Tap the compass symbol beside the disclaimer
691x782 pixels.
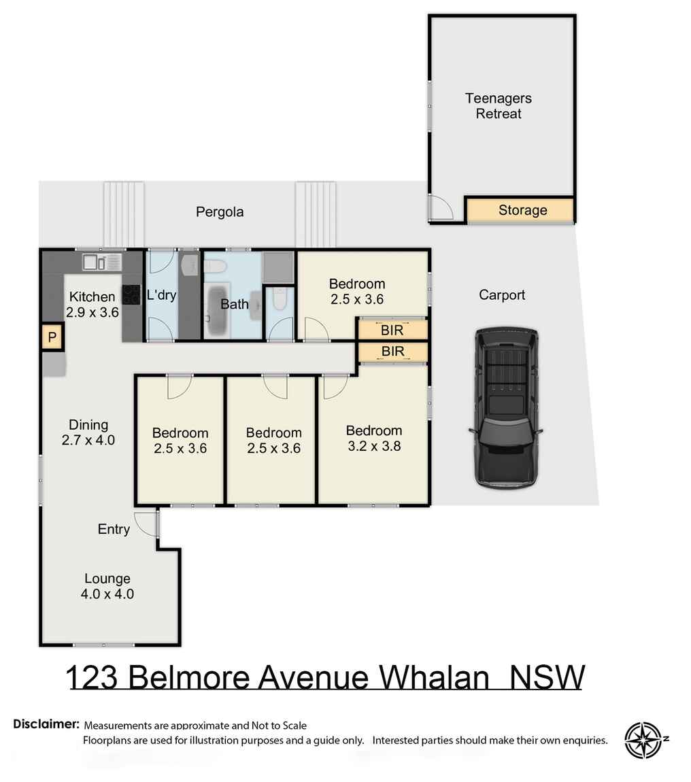point(643,740)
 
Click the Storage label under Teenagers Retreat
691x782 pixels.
point(522,210)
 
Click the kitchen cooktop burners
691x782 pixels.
point(131,294)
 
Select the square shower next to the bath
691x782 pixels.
point(279,267)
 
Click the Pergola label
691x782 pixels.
point(220,211)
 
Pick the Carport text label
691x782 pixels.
point(502,294)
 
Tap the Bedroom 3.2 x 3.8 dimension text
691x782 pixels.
point(373,447)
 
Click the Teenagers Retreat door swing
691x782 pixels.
point(441,207)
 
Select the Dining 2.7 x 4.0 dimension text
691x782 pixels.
point(88,440)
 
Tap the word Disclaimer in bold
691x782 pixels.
point(46,724)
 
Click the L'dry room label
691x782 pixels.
point(161,295)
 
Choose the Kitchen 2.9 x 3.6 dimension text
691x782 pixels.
point(92,313)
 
